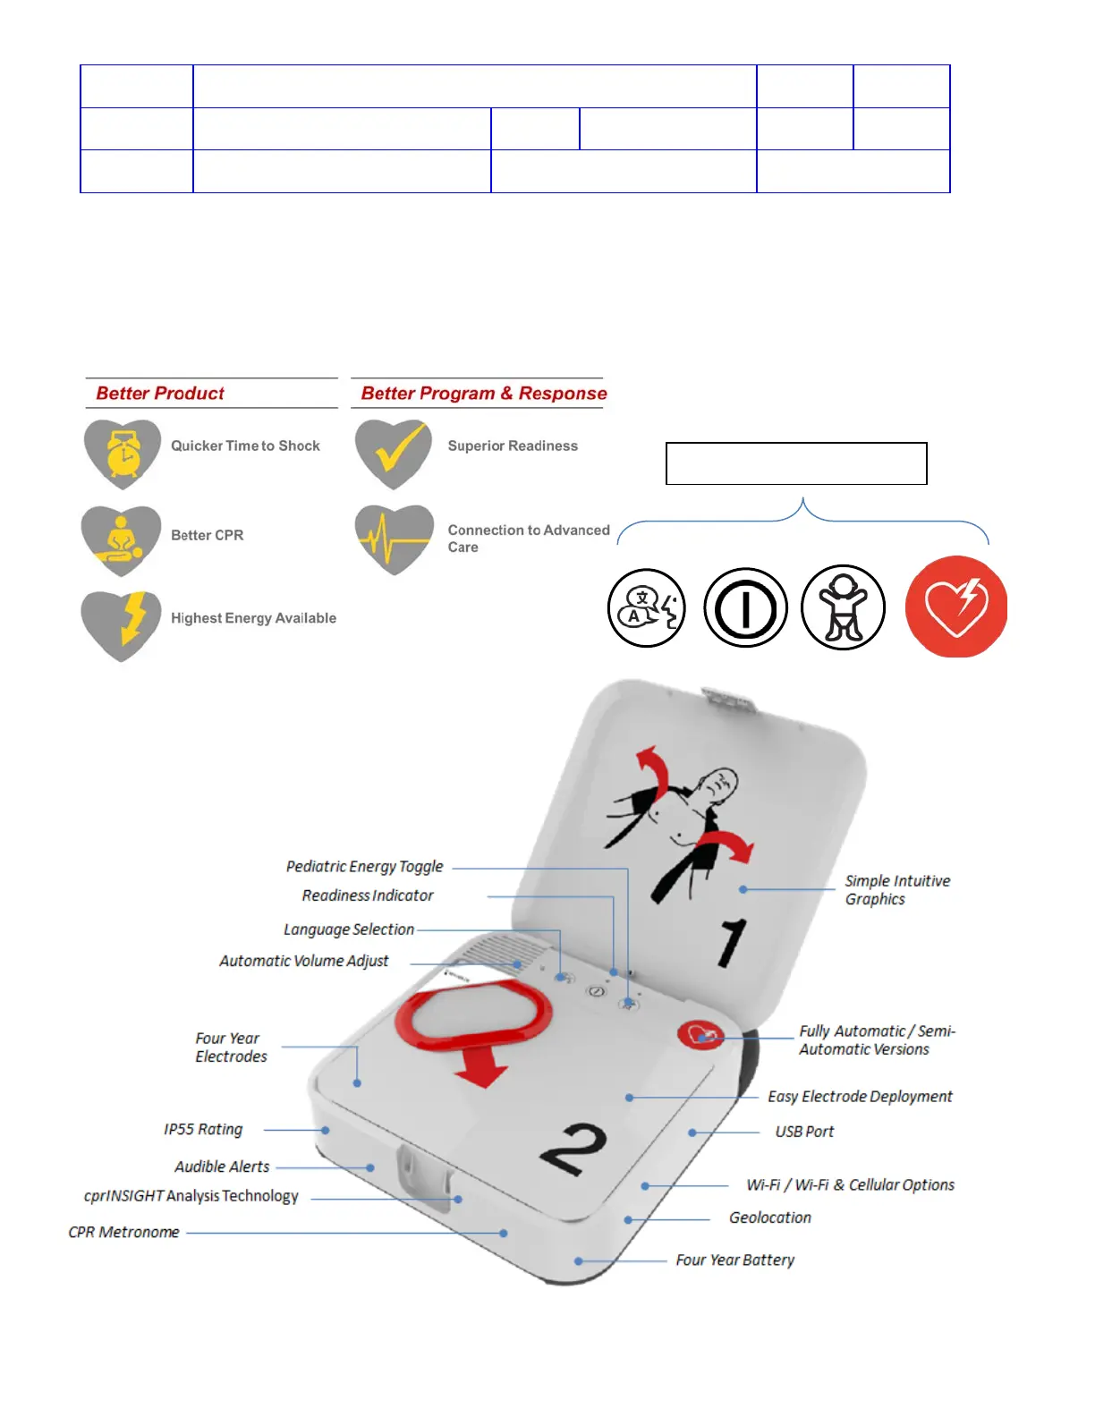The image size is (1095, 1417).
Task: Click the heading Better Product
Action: tap(160, 394)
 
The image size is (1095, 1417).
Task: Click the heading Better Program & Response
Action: tap(483, 394)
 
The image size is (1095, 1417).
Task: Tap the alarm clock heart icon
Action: tap(123, 454)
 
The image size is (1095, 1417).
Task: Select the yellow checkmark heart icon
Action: tap(394, 453)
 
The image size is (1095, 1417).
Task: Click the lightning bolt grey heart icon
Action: tap(122, 625)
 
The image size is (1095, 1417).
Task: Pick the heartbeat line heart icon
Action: tap(394, 539)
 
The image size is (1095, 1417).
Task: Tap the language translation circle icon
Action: tap(646, 608)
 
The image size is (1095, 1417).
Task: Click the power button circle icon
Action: tap(745, 608)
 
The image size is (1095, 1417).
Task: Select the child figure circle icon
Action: tap(843, 607)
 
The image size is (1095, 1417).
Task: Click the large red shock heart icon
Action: tap(955, 607)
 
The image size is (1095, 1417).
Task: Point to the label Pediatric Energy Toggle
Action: tap(364, 867)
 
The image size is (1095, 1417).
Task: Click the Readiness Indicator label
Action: tap(368, 895)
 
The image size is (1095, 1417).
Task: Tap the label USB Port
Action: tap(804, 1132)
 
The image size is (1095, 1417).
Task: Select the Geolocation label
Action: tap(769, 1218)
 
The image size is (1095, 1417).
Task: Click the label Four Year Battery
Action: tap(734, 1260)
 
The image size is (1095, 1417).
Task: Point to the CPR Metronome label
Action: tap(123, 1232)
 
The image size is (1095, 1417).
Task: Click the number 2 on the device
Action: tap(574, 1150)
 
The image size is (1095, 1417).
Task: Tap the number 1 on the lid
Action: tap(732, 942)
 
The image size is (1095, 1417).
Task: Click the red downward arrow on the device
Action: tap(481, 1067)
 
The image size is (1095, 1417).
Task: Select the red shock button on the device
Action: tap(700, 1035)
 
